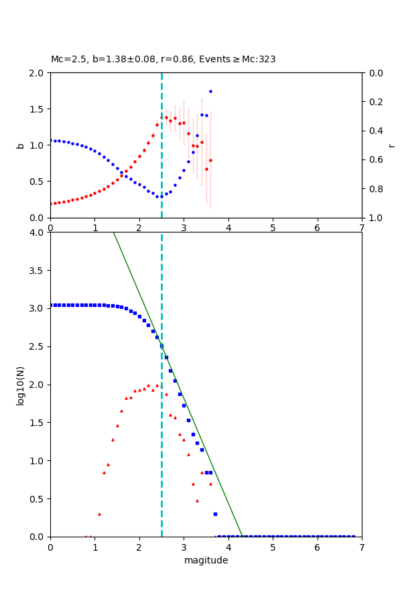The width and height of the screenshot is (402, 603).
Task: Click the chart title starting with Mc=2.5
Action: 163,60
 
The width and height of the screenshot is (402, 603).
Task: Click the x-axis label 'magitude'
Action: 206,561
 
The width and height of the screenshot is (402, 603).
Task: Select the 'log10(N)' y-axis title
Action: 20,385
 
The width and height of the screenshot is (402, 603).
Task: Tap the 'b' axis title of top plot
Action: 20,145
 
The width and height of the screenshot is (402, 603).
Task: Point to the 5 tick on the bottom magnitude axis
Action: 273,547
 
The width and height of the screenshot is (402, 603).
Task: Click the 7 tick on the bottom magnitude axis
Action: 362,547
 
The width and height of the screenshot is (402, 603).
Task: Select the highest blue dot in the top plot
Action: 210,91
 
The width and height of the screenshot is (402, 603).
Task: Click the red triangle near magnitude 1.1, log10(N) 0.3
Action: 99,514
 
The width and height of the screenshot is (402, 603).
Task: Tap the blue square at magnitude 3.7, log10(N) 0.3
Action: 215,514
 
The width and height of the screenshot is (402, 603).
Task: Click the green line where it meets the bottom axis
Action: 242,536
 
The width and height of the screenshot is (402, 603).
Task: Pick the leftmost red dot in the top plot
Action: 51,204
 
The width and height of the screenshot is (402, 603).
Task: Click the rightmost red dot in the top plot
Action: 210,160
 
